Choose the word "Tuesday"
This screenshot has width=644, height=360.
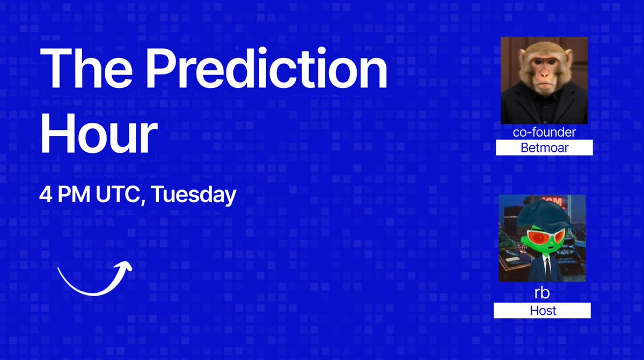193,195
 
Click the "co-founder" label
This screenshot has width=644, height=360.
544,133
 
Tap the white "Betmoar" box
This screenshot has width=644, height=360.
544,148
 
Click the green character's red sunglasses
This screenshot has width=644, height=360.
543,236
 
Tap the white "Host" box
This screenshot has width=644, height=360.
542,310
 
